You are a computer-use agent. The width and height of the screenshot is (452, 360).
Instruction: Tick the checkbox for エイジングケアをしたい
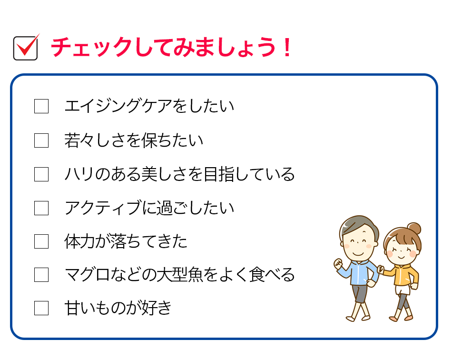[x=41, y=106]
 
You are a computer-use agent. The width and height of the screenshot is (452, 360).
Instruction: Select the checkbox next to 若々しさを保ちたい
[x=41, y=140]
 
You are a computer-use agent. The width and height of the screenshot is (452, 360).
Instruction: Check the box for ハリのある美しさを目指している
[x=41, y=174]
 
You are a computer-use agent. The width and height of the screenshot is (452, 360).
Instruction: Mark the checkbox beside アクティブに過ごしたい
[x=41, y=208]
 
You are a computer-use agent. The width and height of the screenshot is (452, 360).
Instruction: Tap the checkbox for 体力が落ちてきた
[x=41, y=241]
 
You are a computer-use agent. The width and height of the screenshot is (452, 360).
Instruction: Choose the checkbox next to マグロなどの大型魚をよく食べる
[x=41, y=275]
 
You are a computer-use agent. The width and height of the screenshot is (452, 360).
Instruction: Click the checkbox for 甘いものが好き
[x=41, y=308]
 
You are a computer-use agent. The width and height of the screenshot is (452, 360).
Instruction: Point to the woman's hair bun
[x=414, y=229]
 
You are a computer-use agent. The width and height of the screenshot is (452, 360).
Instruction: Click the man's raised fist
[x=338, y=264]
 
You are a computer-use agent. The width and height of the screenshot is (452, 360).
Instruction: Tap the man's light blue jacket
[x=360, y=272]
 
